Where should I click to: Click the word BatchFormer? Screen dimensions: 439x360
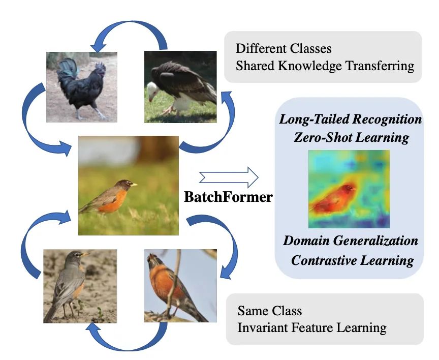228,197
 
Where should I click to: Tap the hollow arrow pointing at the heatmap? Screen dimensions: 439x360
228,178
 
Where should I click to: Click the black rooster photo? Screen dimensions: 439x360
82,86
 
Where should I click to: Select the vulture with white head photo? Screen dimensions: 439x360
181,86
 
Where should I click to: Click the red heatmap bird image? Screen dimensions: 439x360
349,189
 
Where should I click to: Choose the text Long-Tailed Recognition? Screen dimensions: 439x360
351,119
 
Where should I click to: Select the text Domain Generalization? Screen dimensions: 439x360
351,240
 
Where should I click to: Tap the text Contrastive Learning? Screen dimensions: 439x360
352,260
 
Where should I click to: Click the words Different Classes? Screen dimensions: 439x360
284,49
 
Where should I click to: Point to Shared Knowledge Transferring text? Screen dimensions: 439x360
325,66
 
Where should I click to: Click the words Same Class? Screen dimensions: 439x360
269,311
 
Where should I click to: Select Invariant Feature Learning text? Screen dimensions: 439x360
311,327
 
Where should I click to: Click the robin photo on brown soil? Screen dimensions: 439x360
80,285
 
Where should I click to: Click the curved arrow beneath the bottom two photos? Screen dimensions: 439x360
130,341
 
